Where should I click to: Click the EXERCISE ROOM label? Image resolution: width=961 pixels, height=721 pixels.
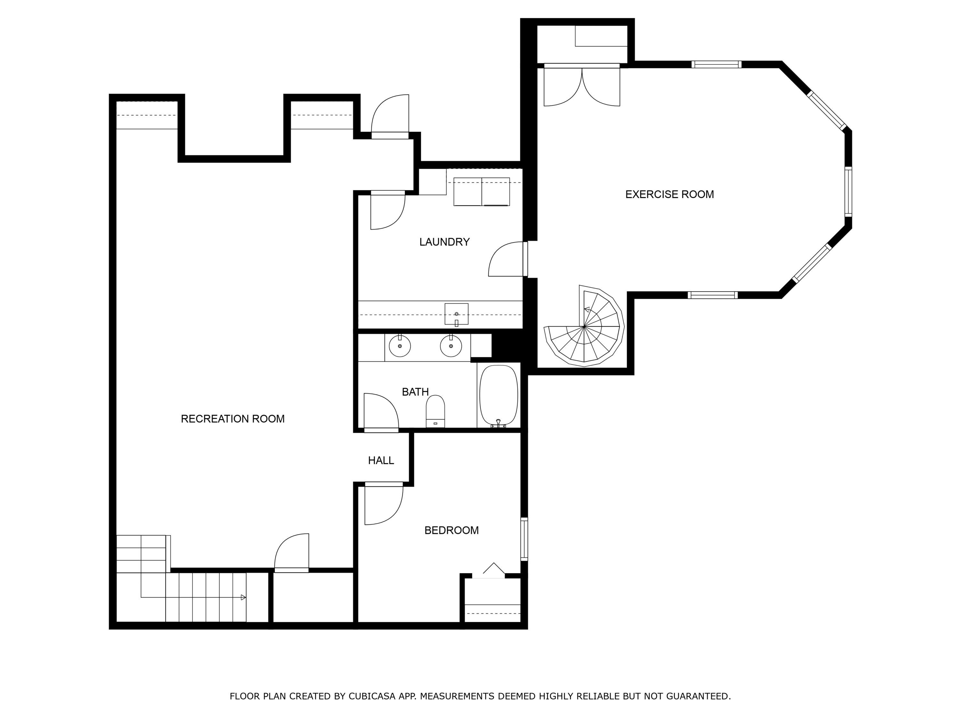669,194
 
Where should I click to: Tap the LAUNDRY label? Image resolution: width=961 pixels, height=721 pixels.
444,242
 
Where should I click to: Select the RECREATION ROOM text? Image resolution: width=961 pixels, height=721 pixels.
233,419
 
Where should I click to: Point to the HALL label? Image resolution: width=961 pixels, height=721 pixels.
381,461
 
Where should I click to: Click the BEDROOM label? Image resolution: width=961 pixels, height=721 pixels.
451,530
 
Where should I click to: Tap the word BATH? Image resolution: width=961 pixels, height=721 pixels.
415,392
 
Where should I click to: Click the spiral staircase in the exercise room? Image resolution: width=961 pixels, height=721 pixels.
584,326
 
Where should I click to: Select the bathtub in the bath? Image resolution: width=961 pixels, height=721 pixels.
498,395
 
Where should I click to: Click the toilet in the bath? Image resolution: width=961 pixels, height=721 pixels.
435,411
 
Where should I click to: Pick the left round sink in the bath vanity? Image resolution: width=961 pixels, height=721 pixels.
400,346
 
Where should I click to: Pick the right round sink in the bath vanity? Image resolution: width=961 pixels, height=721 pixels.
451,346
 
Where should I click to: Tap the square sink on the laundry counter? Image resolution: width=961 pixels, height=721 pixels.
456,314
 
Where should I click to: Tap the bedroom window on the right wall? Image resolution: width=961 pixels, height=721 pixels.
524,539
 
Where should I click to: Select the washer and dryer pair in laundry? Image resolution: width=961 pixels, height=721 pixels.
482,192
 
